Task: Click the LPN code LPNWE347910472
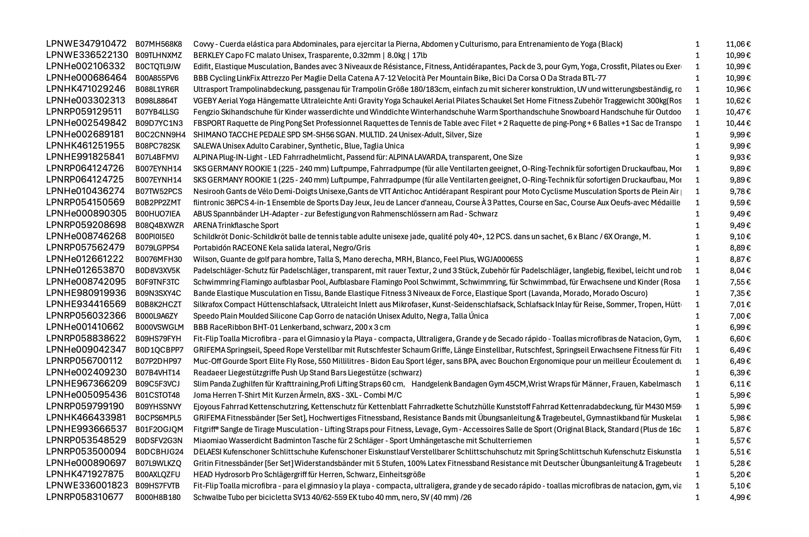(x=86, y=44)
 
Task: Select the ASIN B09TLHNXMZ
(x=158, y=55)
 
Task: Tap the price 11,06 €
(x=738, y=44)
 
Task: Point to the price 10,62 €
(x=738, y=101)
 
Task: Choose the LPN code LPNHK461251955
(x=85, y=146)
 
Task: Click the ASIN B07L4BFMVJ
(x=157, y=157)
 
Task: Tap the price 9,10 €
(x=740, y=237)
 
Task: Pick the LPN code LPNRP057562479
(x=85, y=248)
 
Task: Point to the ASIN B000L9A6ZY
(x=156, y=316)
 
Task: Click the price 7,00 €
(x=740, y=316)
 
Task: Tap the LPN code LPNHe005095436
(x=86, y=395)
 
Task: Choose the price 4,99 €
(x=740, y=497)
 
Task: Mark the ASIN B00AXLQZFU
(x=158, y=475)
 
